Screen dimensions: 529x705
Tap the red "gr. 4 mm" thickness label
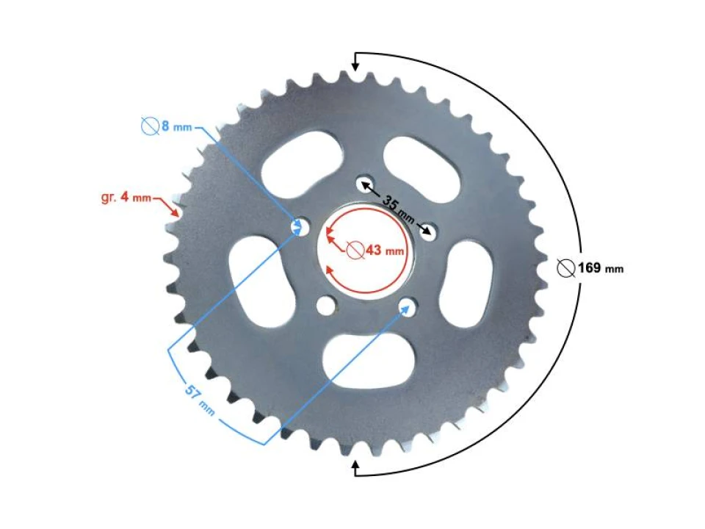[126, 198]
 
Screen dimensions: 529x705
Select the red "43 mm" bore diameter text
[384, 251]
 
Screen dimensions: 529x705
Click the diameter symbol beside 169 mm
[565, 267]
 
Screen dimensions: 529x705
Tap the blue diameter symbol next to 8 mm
[150, 126]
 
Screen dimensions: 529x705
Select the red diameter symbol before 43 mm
[355, 251]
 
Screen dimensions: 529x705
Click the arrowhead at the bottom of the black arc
[356, 465]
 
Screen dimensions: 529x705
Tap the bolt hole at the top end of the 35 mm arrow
[363, 184]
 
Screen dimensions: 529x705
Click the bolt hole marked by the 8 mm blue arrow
[299, 226]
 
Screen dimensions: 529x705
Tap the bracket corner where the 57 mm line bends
[169, 346]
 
